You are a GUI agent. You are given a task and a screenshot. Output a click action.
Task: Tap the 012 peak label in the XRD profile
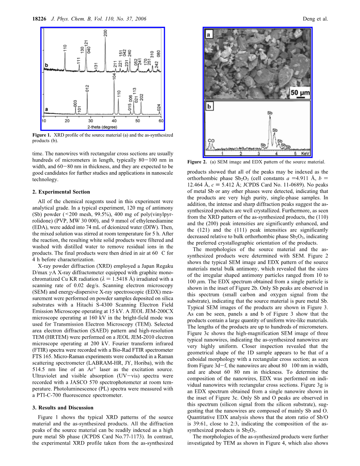coord(87,89)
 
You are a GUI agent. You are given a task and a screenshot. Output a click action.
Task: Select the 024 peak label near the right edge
coord(159,107)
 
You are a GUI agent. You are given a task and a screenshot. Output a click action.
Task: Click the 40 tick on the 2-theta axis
coord(114,121)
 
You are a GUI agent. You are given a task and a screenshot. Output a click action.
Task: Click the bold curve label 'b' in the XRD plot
coord(47,65)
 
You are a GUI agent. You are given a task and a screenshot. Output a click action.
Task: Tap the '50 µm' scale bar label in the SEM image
coord(300,92)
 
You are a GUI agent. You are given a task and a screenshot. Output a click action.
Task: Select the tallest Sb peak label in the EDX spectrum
coord(270,113)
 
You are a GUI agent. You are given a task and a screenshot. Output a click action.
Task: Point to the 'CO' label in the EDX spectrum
coord(211,140)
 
